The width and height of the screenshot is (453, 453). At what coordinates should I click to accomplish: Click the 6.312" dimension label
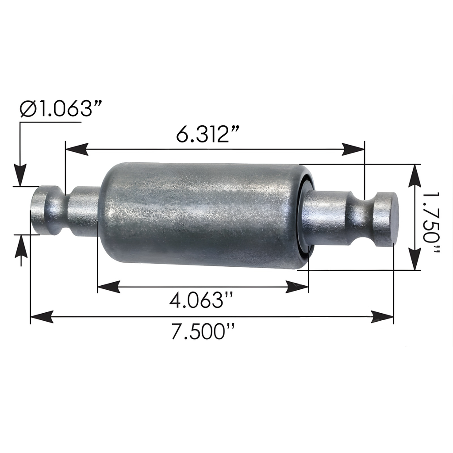[208, 134]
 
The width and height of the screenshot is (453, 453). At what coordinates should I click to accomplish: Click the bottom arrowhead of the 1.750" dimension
[415, 259]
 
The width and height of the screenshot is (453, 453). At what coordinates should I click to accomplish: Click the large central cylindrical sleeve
[199, 215]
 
